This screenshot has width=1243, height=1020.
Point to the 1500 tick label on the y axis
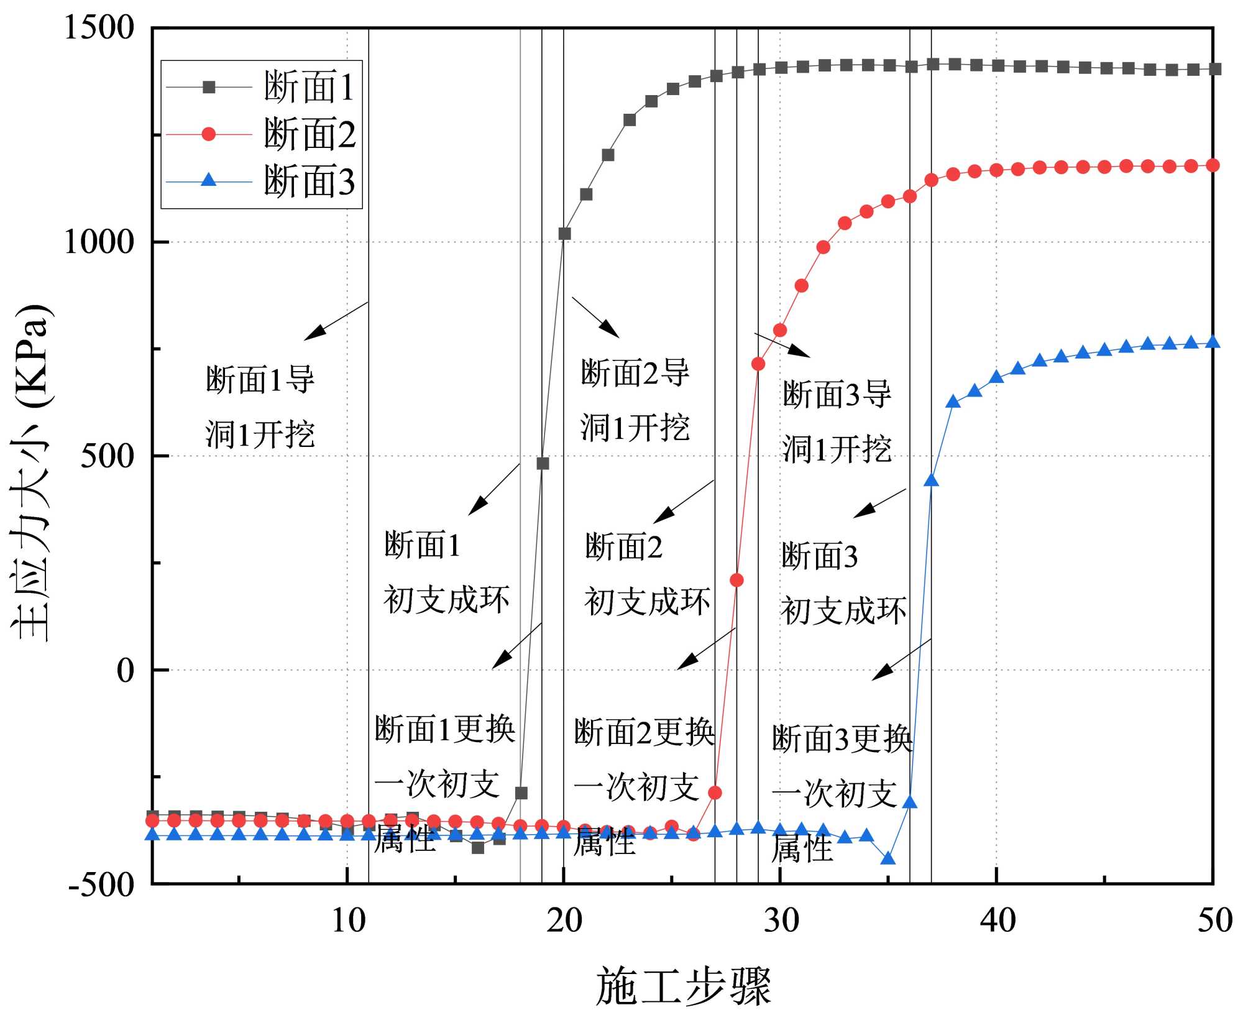pos(99,28)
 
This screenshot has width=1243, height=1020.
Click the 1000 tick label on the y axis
pos(99,242)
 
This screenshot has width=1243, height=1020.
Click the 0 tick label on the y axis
pos(126,670)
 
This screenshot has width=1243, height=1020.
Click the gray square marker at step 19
pos(543,463)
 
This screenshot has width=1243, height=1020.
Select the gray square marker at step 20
pos(564,234)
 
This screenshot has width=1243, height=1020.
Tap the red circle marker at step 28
pos(736,580)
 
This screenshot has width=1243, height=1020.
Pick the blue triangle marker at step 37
pos(931,480)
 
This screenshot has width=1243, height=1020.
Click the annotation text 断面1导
pos(260,379)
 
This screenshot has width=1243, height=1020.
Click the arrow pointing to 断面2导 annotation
pos(595,317)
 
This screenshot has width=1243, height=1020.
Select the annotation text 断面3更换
pos(842,739)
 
